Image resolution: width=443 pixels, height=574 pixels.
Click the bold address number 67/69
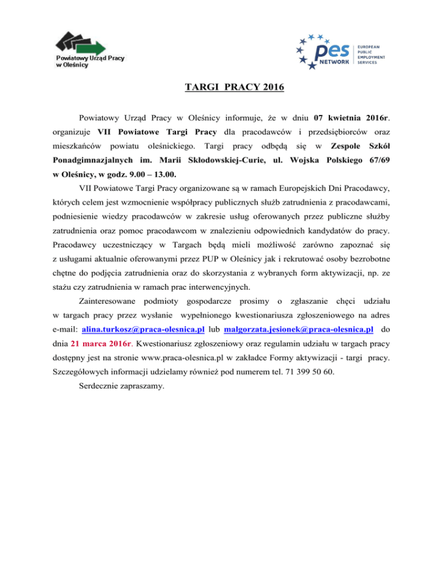pyautogui.click(x=375, y=158)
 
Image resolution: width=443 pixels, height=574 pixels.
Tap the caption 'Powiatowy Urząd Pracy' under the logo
pyautogui.click(x=90, y=58)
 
